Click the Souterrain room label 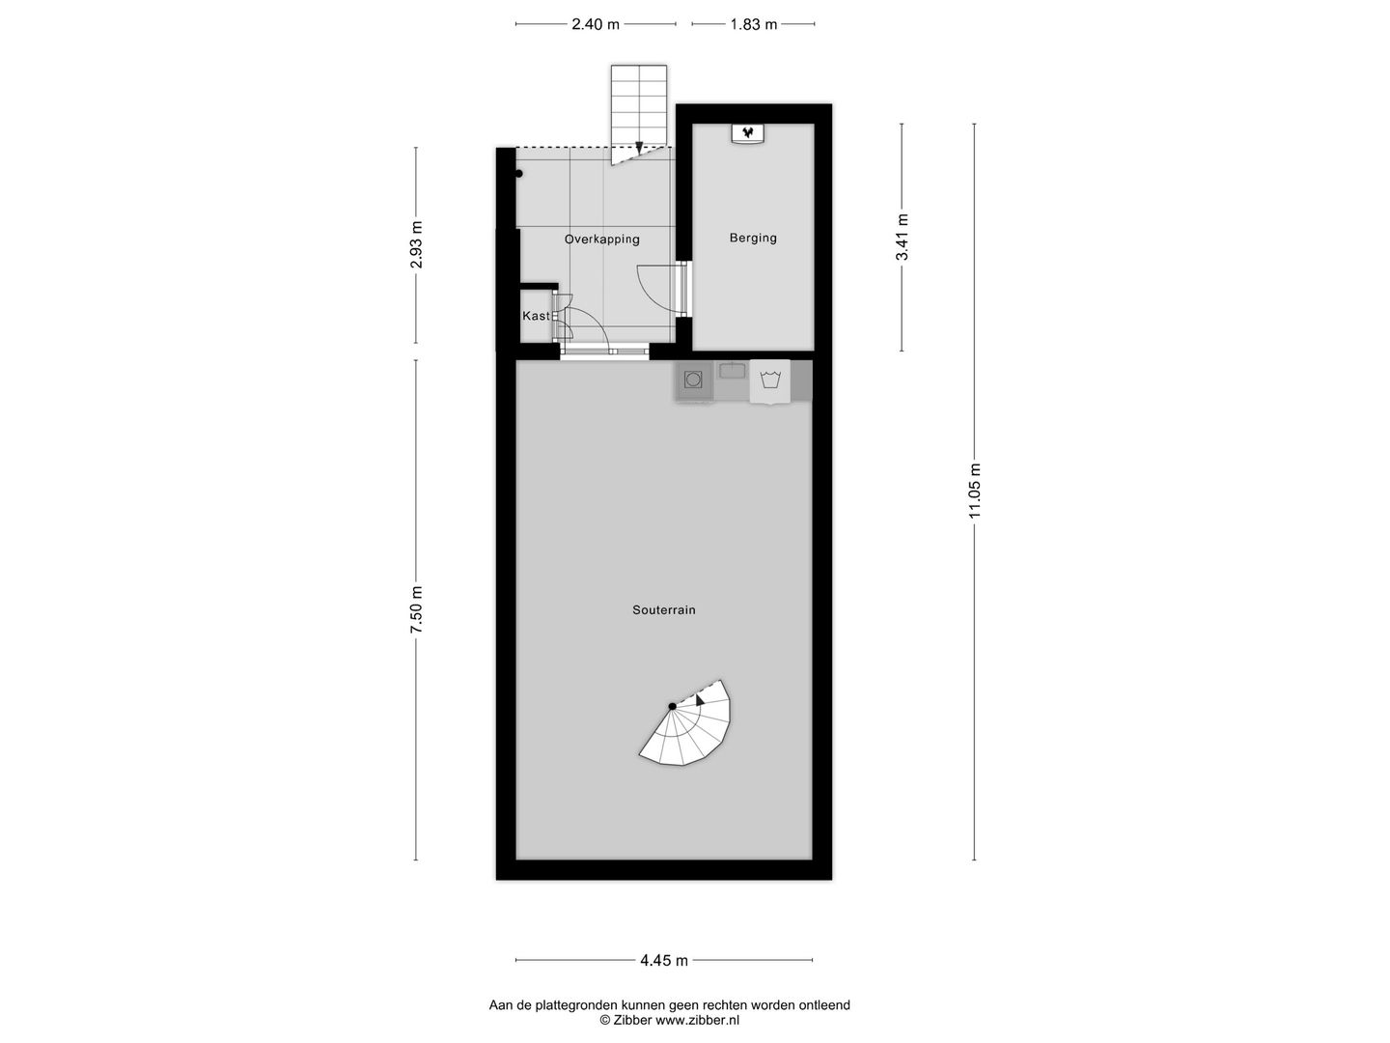coord(664,609)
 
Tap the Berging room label coord(753,238)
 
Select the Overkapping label coord(602,239)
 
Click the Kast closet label coord(536,316)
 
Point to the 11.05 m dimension coord(975,492)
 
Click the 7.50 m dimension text coord(416,609)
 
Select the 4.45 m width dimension coord(664,960)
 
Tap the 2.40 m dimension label coord(596,24)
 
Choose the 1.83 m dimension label coord(753,24)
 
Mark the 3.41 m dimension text coord(903,238)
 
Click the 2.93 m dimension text coord(416,245)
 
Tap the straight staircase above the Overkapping coord(638,111)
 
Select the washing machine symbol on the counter coord(770,380)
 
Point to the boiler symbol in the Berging coord(746,132)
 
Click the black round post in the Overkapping coord(519,174)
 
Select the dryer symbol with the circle coord(692,380)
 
